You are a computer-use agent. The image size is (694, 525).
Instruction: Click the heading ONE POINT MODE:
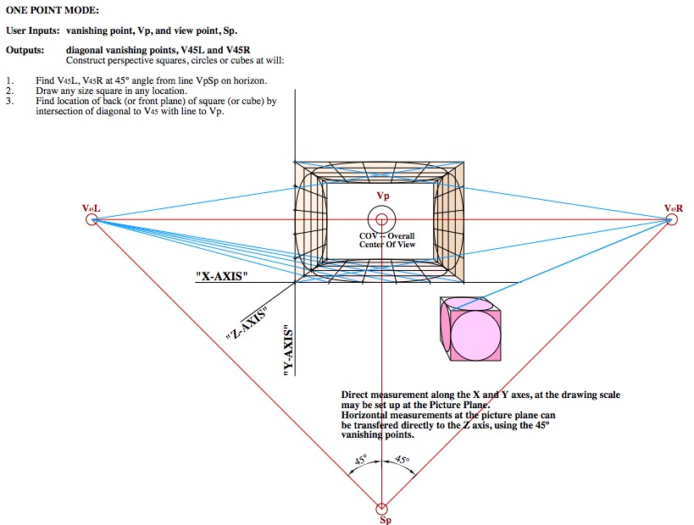pyautogui.click(x=53, y=10)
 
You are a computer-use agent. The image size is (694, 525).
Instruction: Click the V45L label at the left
pyautogui.click(x=91, y=207)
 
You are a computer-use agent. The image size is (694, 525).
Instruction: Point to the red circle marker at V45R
pyautogui.click(x=673, y=219)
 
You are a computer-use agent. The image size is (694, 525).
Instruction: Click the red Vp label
pyautogui.click(x=383, y=196)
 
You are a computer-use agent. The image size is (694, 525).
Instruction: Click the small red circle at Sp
pyautogui.click(x=382, y=508)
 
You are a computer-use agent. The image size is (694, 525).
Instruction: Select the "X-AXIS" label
pyautogui.click(x=221, y=276)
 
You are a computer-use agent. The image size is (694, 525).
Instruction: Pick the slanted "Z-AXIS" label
pyautogui.click(x=247, y=323)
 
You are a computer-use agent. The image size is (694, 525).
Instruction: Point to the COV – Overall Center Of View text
pyautogui.click(x=386, y=240)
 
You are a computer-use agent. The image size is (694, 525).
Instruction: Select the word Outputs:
pyautogui.click(x=26, y=50)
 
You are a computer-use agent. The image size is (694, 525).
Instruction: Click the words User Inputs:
pyautogui.click(x=33, y=30)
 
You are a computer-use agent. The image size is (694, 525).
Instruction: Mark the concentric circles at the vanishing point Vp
pyautogui.click(x=382, y=219)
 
